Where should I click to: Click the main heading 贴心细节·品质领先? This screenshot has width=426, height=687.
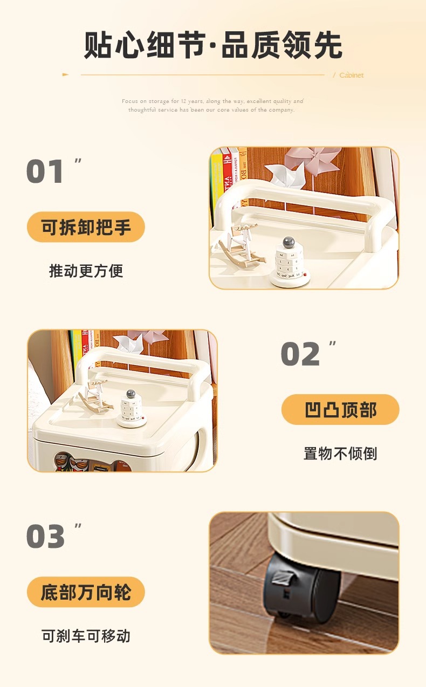pyautogui.click(x=213, y=45)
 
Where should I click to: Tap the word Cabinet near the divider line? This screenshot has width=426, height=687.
pyautogui.click(x=351, y=75)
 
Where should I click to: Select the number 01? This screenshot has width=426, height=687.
pyautogui.click(x=45, y=172)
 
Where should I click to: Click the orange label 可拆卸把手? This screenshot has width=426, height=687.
pyautogui.click(x=86, y=227)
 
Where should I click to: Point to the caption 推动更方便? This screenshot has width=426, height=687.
pyautogui.click(x=86, y=271)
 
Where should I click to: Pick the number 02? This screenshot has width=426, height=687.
pyautogui.click(x=300, y=355)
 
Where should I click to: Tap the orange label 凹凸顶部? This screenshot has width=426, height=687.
pyautogui.click(x=340, y=410)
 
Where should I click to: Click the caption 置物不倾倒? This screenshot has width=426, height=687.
pyautogui.click(x=340, y=454)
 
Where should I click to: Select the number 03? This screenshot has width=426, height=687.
pyautogui.click(x=45, y=537)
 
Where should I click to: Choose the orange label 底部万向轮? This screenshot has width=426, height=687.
pyautogui.click(x=86, y=592)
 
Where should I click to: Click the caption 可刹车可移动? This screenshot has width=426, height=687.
pyautogui.click(x=86, y=636)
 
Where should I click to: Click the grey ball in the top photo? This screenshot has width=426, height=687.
pyautogui.click(x=288, y=242)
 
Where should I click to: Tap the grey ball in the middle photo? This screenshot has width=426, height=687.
pyautogui.click(x=130, y=394)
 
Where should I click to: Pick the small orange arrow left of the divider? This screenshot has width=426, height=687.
pyautogui.click(x=66, y=75)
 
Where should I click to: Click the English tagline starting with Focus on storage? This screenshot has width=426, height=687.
pyautogui.click(x=212, y=105)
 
